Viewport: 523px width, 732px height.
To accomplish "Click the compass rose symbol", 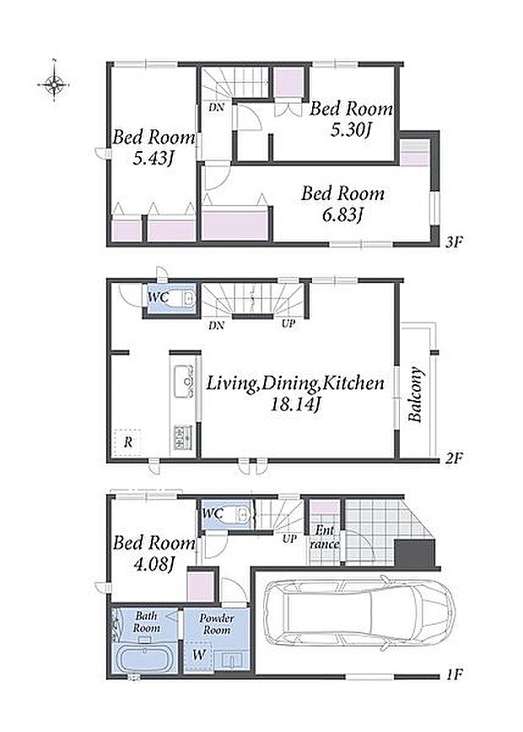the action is click(x=55, y=84).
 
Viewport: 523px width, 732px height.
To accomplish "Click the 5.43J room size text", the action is click(x=153, y=159).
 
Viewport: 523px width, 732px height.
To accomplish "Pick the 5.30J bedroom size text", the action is click(x=350, y=130).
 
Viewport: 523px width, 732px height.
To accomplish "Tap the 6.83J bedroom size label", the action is click(x=343, y=214).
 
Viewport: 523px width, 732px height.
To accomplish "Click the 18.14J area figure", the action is click(x=295, y=404).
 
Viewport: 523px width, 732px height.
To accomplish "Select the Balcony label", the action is click(x=416, y=395).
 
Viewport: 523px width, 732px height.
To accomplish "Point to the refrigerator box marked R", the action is click(x=128, y=442).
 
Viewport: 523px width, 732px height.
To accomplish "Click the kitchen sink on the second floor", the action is click(x=184, y=382).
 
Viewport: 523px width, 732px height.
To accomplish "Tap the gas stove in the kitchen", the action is click(x=183, y=437).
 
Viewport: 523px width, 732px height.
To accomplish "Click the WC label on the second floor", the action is click(x=158, y=297).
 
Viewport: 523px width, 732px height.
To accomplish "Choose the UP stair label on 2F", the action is click(x=288, y=323).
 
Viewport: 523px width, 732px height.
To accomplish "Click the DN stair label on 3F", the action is click(x=216, y=108).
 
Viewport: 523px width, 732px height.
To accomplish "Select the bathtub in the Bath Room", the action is click(x=144, y=659).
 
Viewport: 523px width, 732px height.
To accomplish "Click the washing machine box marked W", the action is click(x=199, y=655).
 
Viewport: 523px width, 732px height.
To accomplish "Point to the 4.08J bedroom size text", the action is click(x=154, y=564).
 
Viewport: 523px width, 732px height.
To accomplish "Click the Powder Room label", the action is click(x=217, y=624).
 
